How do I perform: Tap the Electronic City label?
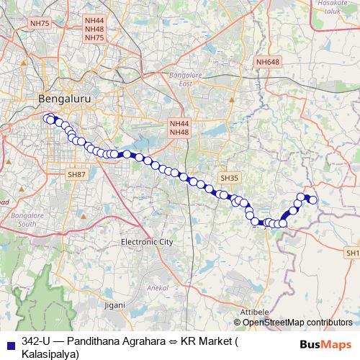[x=147, y=242]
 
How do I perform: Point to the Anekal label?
[x=157, y=287]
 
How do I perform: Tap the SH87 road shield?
[x=76, y=174]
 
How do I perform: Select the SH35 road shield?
[x=230, y=177]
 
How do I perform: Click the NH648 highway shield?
[x=267, y=63]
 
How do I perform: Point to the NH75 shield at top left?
[x=40, y=24]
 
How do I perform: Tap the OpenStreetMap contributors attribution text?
[x=297, y=322]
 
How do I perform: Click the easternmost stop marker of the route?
[x=313, y=199]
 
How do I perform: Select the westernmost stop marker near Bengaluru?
[x=48, y=119]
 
